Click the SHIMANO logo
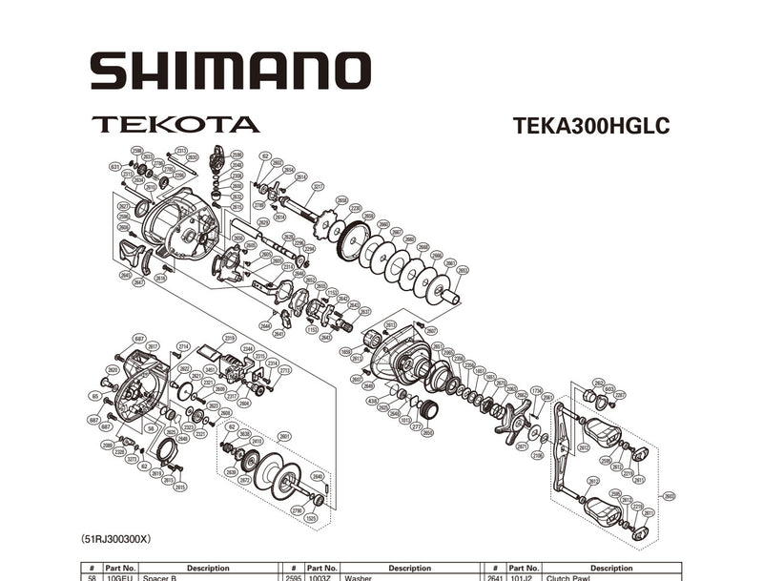point(229,72)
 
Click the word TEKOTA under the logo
point(175,124)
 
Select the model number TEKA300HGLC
point(590,127)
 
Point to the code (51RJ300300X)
point(115,539)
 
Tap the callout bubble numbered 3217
point(318,187)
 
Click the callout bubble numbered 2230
point(355,207)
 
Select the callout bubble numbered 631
point(115,166)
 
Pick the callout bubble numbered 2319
point(229,338)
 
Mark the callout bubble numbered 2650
point(427,432)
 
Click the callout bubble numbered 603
point(608,388)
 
